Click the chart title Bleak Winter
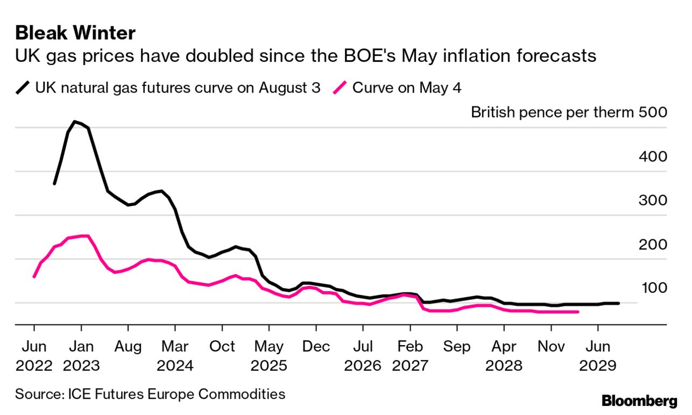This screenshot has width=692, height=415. [75, 33]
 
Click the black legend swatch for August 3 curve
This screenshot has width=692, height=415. [23, 88]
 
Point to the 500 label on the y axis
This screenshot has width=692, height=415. [653, 113]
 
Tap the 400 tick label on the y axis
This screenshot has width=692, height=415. [653, 156]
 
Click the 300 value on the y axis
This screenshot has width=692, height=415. [653, 201]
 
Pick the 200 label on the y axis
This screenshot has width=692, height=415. [653, 245]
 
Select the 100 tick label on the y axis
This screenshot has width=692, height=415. [653, 288]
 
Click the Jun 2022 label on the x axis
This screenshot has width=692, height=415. [34, 356]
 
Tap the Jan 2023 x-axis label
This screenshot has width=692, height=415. [81, 356]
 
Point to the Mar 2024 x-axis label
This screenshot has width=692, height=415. [175, 356]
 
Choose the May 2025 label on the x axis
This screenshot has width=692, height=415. [269, 356]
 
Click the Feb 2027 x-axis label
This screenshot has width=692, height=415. [410, 356]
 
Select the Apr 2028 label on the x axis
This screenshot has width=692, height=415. [504, 356]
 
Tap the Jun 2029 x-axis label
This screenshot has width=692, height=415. [597, 356]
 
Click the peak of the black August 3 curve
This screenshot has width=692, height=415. [75, 122]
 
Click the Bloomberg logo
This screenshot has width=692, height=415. [639, 400]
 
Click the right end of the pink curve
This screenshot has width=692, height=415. [578, 312]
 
